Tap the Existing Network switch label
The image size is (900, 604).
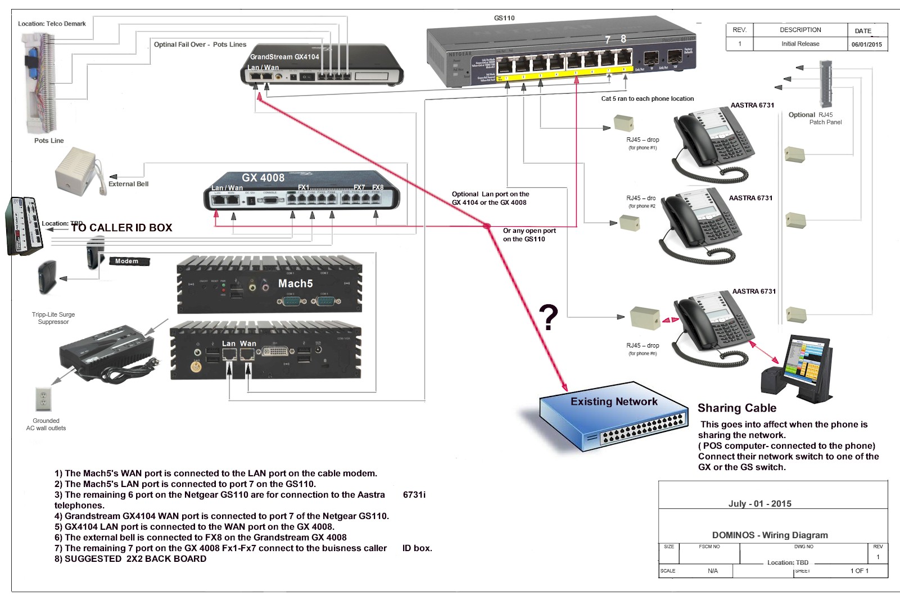pos(614,402)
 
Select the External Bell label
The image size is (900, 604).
pos(128,184)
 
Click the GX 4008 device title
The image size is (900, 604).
pos(263,178)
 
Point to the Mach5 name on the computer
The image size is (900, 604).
pos(295,283)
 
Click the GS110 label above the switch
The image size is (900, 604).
pos(504,18)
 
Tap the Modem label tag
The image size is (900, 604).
pos(127,261)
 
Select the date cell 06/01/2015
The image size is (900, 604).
pos(866,44)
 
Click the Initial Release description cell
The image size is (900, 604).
pos(800,44)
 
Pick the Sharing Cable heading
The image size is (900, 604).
pos(737,408)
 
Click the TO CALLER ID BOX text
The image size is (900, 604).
pos(121,228)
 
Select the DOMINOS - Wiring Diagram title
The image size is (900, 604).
pos(770,535)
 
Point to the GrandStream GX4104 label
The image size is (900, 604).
pos(284,57)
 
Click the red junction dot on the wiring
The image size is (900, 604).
pos(486,226)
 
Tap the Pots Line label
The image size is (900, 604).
pos(49,141)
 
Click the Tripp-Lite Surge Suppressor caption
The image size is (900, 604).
pos(53,318)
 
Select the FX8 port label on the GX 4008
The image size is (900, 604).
pos(378,187)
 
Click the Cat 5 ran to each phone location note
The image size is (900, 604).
pos(648,98)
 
